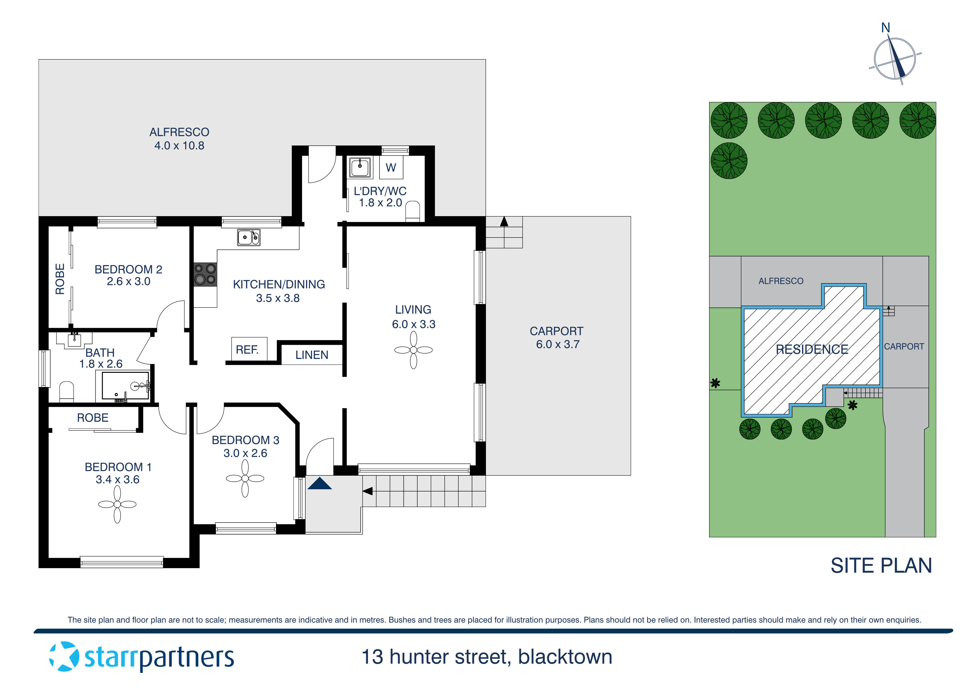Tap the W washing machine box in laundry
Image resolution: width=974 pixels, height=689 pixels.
coord(391,168)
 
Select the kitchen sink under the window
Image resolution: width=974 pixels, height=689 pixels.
coord(248,237)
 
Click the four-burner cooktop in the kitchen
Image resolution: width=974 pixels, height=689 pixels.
coord(205,274)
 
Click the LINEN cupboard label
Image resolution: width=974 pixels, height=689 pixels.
coord(312,355)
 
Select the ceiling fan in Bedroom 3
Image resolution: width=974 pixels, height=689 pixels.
coord(245,478)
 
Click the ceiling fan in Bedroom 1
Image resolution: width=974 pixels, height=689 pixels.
coord(117,504)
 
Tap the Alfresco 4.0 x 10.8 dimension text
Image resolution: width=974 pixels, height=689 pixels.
coord(179,146)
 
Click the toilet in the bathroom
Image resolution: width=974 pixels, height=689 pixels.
coord(67,392)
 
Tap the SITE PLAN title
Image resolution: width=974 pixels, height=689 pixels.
coord(881,566)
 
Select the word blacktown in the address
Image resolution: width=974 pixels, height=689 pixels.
coord(565,657)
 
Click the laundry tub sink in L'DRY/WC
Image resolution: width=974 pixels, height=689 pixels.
coord(360,167)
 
